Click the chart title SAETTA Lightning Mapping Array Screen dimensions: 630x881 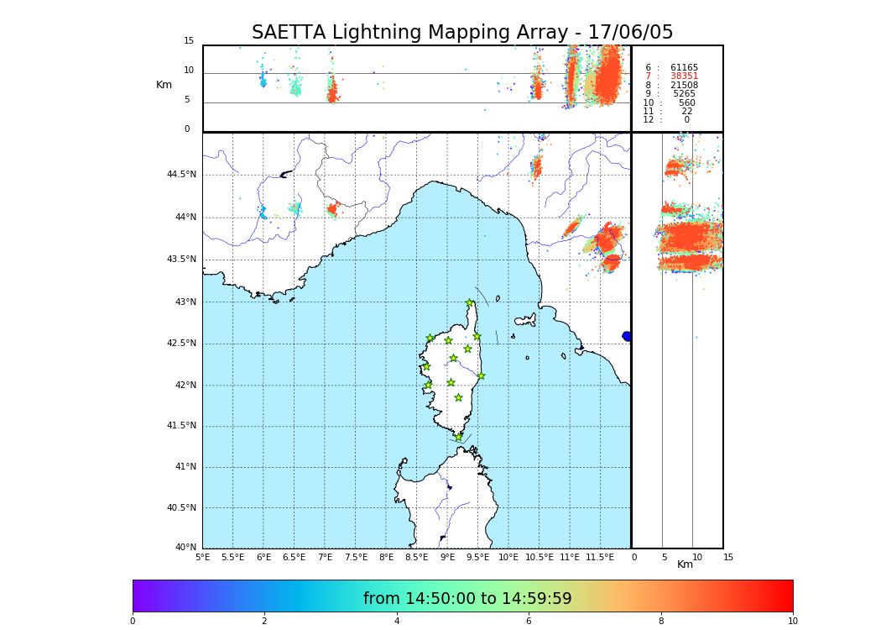coord(462,33)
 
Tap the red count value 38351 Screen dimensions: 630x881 coord(684,76)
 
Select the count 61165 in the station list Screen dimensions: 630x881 coord(684,68)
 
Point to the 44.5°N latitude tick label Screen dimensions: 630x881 coord(181,175)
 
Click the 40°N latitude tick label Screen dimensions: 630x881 coord(186,548)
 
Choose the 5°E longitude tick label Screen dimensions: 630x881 coord(202,557)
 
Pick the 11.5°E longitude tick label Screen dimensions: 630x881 coord(600,557)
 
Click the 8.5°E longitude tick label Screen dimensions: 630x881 coord(416,557)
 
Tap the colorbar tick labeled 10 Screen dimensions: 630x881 coord(793,622)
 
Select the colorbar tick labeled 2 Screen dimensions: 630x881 coord(264,622)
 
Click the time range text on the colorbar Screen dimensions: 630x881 coord(467,599)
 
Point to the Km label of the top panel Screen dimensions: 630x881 coord(164,85)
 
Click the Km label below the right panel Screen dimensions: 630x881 coord(685,564)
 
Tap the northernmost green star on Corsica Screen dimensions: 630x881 coord(470,303)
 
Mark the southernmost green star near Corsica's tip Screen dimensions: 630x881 coord(458,437)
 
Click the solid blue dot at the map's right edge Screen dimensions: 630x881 coord(627,336)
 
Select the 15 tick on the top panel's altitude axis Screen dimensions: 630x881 coord(189,41)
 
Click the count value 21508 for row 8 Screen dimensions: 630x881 coord(684,86)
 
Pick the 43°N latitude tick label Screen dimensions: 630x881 coord(185,302)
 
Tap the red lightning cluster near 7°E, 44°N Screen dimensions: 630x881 coord(332,208)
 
